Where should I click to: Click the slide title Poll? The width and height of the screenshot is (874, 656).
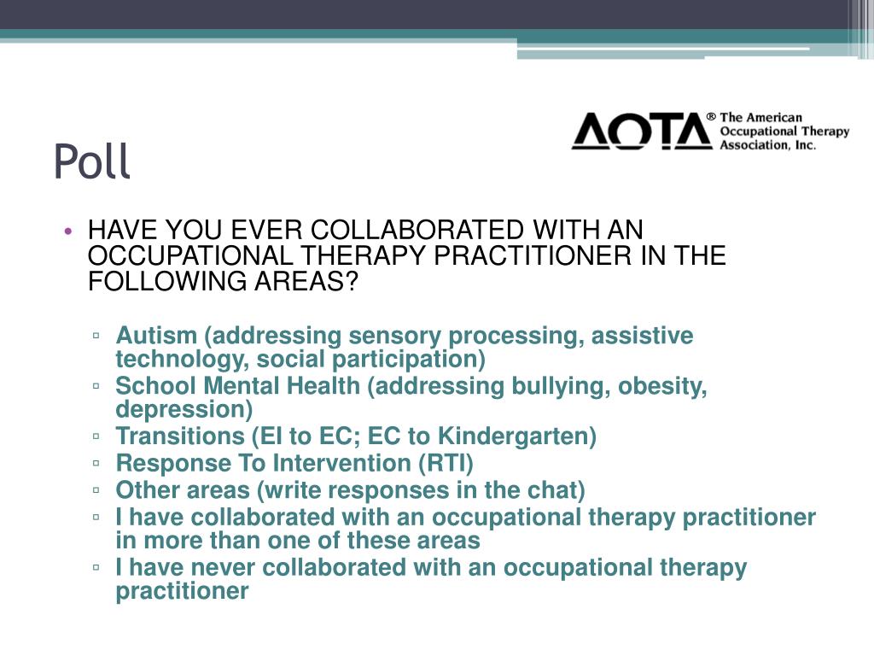(92, 162)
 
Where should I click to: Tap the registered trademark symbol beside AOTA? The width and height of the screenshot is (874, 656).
(710, 116)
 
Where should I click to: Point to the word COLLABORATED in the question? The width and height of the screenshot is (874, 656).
(416, 231)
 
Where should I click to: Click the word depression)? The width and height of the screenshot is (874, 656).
(184, 408)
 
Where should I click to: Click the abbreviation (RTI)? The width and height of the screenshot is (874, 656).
(445, 464)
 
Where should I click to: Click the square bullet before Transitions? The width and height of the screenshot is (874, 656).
(98, 436)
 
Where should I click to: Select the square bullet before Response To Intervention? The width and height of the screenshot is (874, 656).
(98, 464)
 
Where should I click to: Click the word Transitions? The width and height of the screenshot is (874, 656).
(180, 436)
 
